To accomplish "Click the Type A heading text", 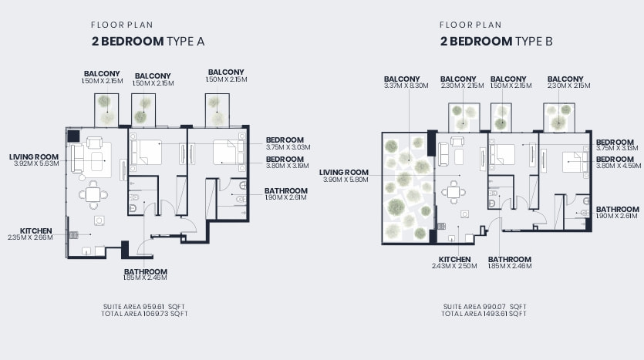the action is [148, 41].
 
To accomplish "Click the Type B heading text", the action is [496, 41].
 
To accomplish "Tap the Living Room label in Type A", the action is [34, 156].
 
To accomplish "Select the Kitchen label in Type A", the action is [35, 231].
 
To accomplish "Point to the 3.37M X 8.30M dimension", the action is [406, 86].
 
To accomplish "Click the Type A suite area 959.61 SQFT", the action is [144, 307].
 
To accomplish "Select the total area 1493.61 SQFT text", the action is [484, 314].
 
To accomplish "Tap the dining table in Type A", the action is [93, 194].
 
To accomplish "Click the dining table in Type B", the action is [453, 192].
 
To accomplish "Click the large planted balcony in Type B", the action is [407, 188].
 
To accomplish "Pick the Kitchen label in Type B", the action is [454, 260].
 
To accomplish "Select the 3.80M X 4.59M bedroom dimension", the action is [619, 166].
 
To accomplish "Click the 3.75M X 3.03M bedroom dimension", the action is [288, 147].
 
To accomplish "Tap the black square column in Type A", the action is [73, 136].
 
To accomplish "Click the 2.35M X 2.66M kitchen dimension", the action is [30, 237].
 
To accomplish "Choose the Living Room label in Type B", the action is [344, 173].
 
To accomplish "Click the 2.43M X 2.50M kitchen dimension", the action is [454, 266].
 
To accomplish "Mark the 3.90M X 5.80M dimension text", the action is [346, 180].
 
